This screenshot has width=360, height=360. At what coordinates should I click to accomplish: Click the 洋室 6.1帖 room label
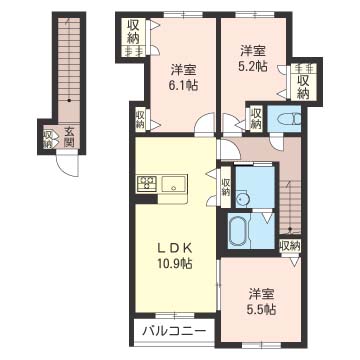coord(182,78)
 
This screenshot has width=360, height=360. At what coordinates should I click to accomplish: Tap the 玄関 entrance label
coord(69,136)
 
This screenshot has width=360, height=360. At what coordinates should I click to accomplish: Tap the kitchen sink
coord(175,183)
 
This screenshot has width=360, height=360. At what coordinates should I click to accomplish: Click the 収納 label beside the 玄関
coord(48,136)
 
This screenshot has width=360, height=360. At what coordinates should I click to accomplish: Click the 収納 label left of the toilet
coord(255,119)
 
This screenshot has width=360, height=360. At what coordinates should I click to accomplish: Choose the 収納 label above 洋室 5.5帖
coord(290,245)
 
